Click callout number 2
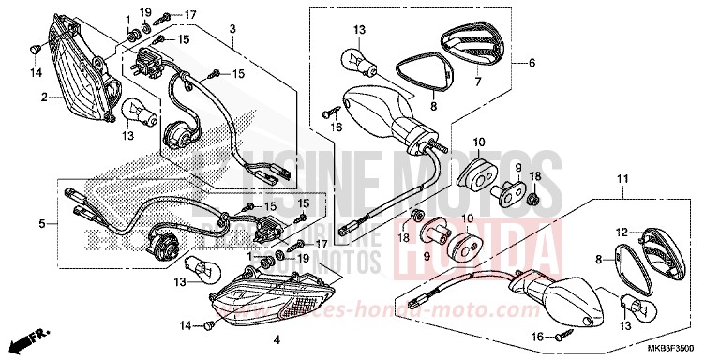pyautogui.click(x=43, y=97)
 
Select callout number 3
pyautogui.click(x=231, y=30)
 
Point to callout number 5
pyautogui.click(x=41, y=224)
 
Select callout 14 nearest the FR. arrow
pyautogui.click(x=186, y=324)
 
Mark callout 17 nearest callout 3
pyautogui.click(x=190, y=15)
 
